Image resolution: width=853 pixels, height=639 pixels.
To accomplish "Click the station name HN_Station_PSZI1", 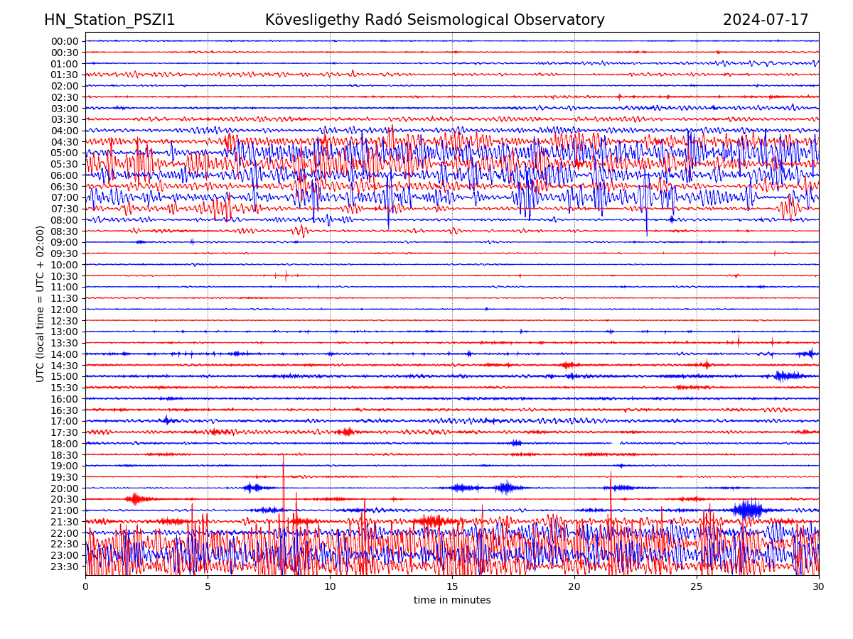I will pyautogui.click(x=109, y=20).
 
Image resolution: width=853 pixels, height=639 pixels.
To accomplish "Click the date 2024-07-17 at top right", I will pyautogui.click(x=766, y=20).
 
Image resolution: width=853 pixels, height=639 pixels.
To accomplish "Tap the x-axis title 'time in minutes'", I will pyautogui.click(x=452, y=601).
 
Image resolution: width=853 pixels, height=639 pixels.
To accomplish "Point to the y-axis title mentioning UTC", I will pyautogui.click(x=41, y=303).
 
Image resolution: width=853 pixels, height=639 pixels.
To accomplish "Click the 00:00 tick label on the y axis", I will pyautogui.click(x=65, y=41).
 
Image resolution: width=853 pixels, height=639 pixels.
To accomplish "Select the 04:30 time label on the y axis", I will pyautogui.click(x=65, y=142).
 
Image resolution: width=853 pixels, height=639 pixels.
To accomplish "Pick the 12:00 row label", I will pyautogui.click(x=65, y=310).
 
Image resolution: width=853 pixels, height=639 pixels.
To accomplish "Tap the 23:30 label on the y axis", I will pyautogui.click(x=65, y=567).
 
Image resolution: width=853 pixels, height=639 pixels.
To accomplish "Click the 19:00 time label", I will pyautogui.click(x=65, y=466).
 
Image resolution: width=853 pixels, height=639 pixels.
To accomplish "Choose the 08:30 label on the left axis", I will pyautogui.click(x=65, y=231).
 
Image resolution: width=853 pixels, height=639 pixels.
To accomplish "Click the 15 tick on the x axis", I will pyautogui.click(x=452, y=586).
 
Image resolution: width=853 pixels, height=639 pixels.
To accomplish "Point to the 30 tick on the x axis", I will pyautogui.click(x=819, y=586).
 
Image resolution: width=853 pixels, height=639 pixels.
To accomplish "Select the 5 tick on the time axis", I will pyautogui.click(x=208, y=586).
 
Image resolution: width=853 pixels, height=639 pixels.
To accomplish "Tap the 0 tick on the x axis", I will pyautogui.click(x=85, y=586).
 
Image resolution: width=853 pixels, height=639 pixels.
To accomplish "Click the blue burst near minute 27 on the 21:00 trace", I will pyautogui.click(x=747, y=510).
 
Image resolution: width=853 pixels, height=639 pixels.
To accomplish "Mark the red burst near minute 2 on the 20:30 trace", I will pyautogui.click(x=136, y=498).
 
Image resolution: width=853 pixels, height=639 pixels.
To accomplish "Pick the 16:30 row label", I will pyautogui.click(x=65, y=410).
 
